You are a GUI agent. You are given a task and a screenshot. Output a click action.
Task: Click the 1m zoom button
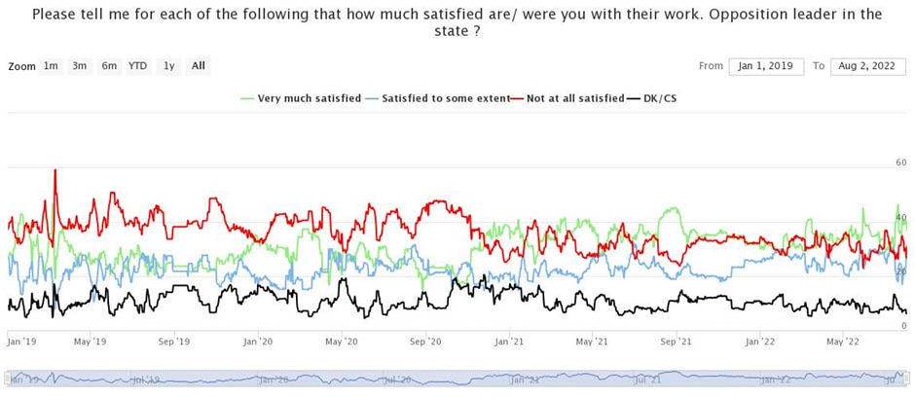pyautogui.click(x=51, y=66)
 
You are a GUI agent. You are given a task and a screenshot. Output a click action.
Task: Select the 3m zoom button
pyautogui.click(x=80, y=66)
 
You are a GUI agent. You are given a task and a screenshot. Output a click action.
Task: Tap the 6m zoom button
pyautogui.click(x=109, y=66)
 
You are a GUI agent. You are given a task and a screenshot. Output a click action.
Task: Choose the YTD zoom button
pyautogui.click(x=138, y=66)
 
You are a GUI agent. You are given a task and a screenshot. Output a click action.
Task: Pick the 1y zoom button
pyautogui.click(x=169, y=66)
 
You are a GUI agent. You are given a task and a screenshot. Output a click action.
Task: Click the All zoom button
pyautogui.click(x=199, y=66)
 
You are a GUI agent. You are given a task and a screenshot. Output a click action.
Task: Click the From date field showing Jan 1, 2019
pyautogui.click(x=766, y=66)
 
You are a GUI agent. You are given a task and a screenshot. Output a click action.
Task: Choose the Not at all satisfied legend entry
pyautogui.click(x=574, y=98)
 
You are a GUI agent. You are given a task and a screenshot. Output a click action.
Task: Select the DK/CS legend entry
pyautogui.click(x=659, y=98)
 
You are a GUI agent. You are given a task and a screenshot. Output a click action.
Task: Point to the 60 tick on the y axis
pyautogui.click(x=901, y=163)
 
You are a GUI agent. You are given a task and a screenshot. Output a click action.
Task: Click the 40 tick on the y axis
pyautogui.click(x=901, y=218)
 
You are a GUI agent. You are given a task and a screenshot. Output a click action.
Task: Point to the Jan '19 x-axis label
pyautogui.click(x=21, y=342)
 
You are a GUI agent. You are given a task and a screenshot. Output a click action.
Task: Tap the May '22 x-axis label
pyautogui.click(x=843, y=342)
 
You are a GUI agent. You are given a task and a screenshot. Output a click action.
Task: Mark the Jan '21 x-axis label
pyautogui.click(x=510, y=342)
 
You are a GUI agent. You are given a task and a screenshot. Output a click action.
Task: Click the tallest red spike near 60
pyautogui.click(x=55, y=171)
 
